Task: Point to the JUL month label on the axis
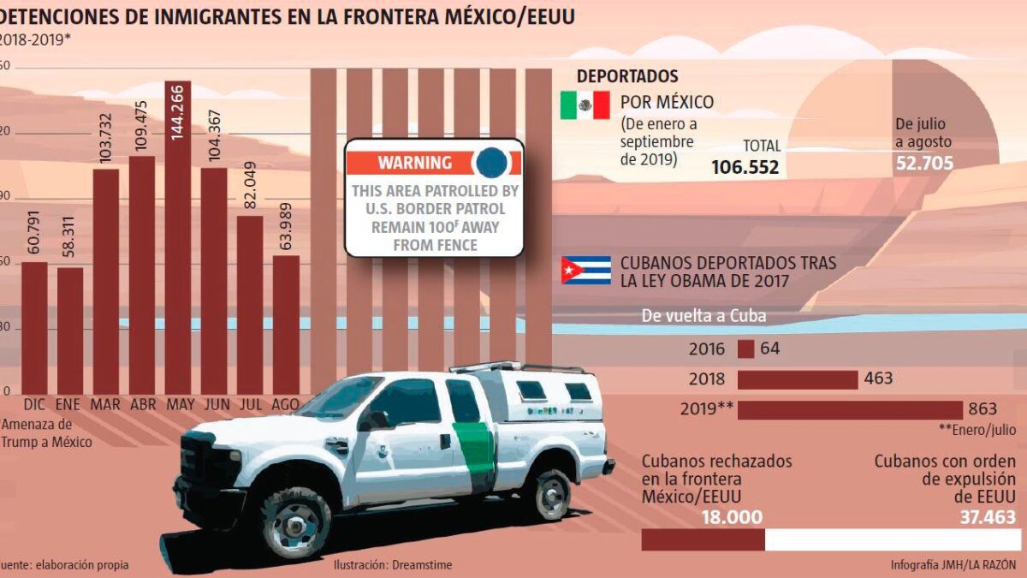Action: pos(250,404)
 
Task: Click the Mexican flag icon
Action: pos(585,105)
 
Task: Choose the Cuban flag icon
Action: pos(585,270)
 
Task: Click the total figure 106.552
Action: pos(745,167)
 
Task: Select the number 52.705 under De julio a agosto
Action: pos(924,163)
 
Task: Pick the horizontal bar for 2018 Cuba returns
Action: pos(797,379)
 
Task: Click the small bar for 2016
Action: pos(745,349)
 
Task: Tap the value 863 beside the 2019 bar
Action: pos(982,408)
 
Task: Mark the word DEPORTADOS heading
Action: pos(627,77)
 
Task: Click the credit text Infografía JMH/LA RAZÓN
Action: pos(953,565)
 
